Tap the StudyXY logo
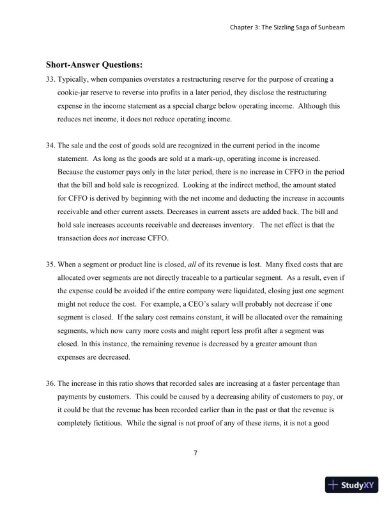click(351, 485)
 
